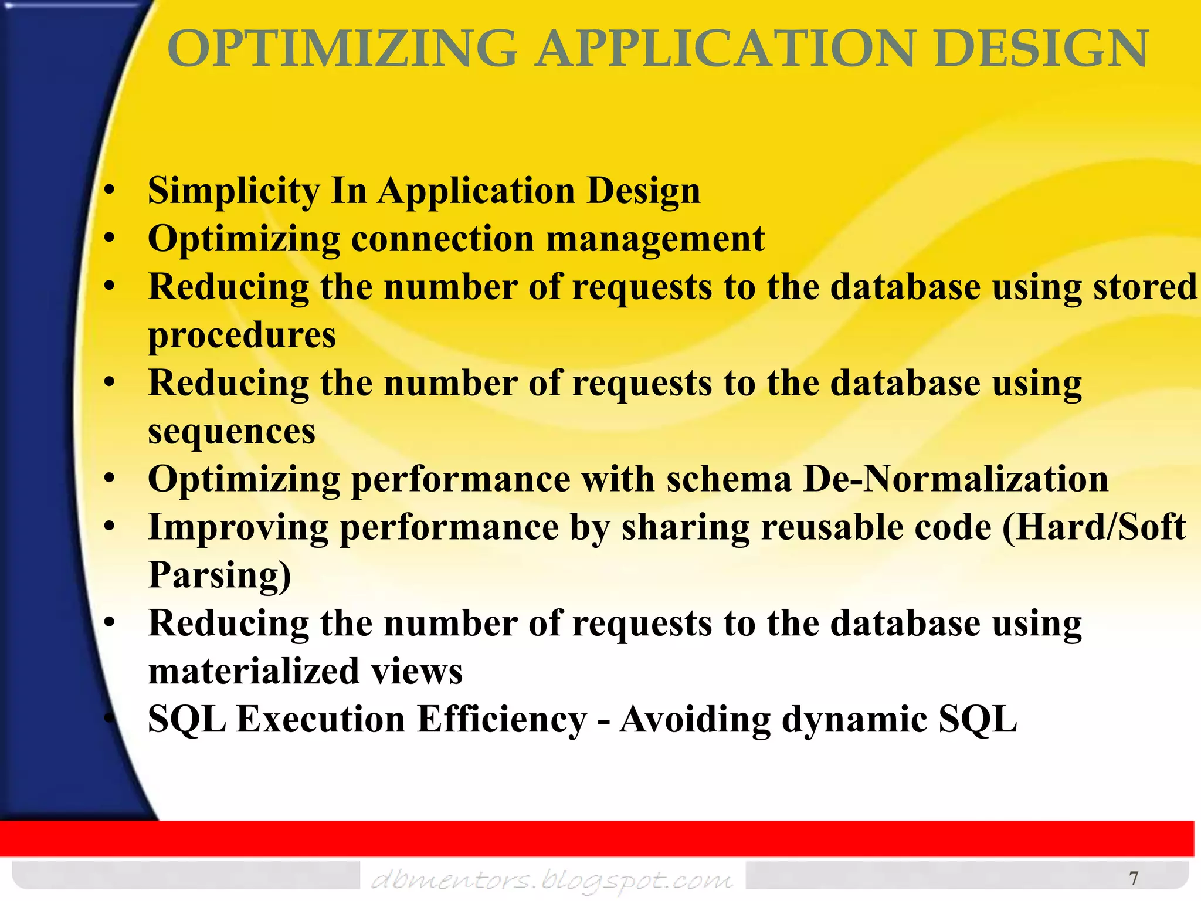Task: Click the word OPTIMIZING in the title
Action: (342, 49)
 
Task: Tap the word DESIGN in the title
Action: (1041, 49)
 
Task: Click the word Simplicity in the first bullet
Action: (234, 191)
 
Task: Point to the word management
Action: (655, 239)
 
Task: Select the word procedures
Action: (242, 336)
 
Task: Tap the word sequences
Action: (232, 432)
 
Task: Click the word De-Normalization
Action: (955, 479)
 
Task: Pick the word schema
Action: (729, 479)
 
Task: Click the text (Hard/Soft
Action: (1094, 527)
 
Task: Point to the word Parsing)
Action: (219, 575)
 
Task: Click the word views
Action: (416, 671)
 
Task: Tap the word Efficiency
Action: (501, 719)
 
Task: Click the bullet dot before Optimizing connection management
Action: (109, 239)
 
